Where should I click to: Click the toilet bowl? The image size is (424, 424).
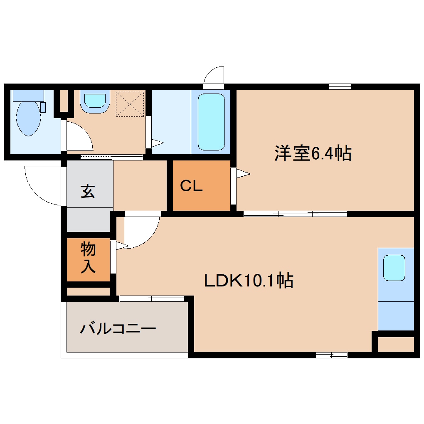pyautogui.click(x=28, y=119)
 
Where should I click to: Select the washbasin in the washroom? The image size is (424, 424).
pyautogui.click(x=95, y=101)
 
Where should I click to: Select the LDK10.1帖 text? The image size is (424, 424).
pyautogui.click(x=249, y=281)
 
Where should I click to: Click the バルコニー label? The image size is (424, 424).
pyautogui.click(x=118, y=329)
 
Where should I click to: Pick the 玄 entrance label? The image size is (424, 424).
pyautogui.click(x=88, y=192)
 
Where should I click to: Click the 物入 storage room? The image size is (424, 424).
pyautogui.click(x=88, y=259)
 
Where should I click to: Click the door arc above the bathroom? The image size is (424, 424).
pyautogui.click(x=214, y=76)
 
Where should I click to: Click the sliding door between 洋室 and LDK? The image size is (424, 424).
pyautogui.click(x=295, y=214)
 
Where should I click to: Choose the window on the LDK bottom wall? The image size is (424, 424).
pyautogui.click(x=331, y=355)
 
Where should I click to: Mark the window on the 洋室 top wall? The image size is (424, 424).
pyautogui.click(x=340, y=86)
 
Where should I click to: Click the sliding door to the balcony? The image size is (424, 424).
pyautogui.click(x=152, y=298)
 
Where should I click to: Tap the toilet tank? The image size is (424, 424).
pyautogui.click(x=28, y=95)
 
